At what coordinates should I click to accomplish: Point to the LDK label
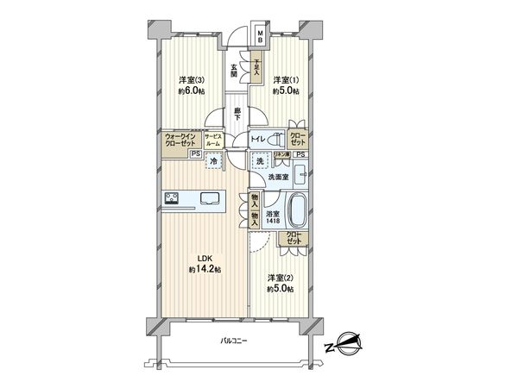pyautogui.click(x=205, y=257)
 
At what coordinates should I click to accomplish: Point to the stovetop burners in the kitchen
pyautogui.click(x=170, y=200)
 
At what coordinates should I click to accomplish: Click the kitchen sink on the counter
pyautogui.click(x=211, y=199)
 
